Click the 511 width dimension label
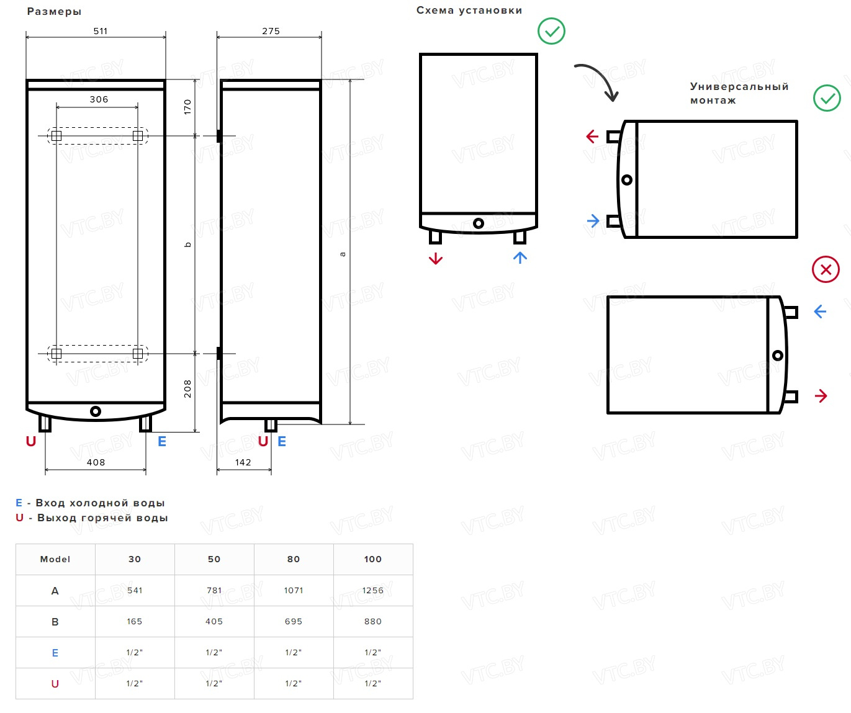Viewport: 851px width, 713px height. tap(101, 31)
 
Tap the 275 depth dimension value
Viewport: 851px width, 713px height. tap(271, 31)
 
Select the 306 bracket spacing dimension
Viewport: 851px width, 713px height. tap(99, 99)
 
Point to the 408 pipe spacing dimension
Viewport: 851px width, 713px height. tap(96, 462)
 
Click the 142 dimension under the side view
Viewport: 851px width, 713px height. tap(243, 462)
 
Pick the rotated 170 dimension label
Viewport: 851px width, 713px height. tap(187, 107)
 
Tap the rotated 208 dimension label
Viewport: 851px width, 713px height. tap(187, 388)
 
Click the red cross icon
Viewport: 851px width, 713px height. tap(826, 269)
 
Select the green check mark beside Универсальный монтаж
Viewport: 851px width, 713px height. tap(827, 98)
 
